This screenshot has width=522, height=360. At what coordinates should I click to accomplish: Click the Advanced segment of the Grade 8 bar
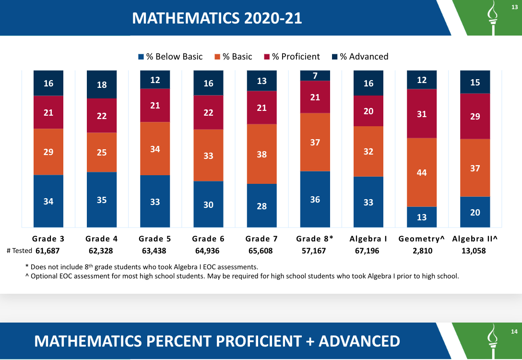tap(315, 75)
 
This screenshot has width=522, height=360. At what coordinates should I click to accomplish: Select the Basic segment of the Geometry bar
tap(422, 172)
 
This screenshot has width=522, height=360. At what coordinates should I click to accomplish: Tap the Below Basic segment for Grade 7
tap(261, 205)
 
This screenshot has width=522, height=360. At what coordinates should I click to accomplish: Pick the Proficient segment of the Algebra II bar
tap(475, 116)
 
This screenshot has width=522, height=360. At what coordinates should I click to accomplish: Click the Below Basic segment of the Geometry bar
tap(422, 217)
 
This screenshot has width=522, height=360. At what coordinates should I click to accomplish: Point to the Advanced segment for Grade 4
tap(102, 84)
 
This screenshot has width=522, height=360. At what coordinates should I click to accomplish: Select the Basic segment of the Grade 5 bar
tap(155, 149)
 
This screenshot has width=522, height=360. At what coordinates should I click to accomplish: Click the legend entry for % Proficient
tap(292, 57)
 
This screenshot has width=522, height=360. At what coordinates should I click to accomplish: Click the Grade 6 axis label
tap(208, 239)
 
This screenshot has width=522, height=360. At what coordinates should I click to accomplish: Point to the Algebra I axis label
tap(368, 239)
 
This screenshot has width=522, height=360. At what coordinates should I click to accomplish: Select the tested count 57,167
tap(315, 251)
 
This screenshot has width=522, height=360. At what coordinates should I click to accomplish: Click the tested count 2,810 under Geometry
tap(422, 251)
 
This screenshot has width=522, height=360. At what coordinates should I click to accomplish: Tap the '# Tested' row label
tap(19, 251)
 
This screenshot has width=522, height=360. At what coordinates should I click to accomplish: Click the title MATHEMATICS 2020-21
tap(217, 18)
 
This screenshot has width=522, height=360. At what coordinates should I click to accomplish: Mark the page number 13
tap(514, 6)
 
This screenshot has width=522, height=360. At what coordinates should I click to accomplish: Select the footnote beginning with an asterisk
tap(142, 266)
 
